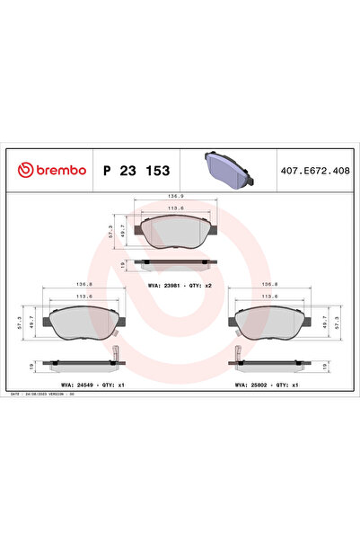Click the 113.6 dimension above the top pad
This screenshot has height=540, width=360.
[x=176, y=208]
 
